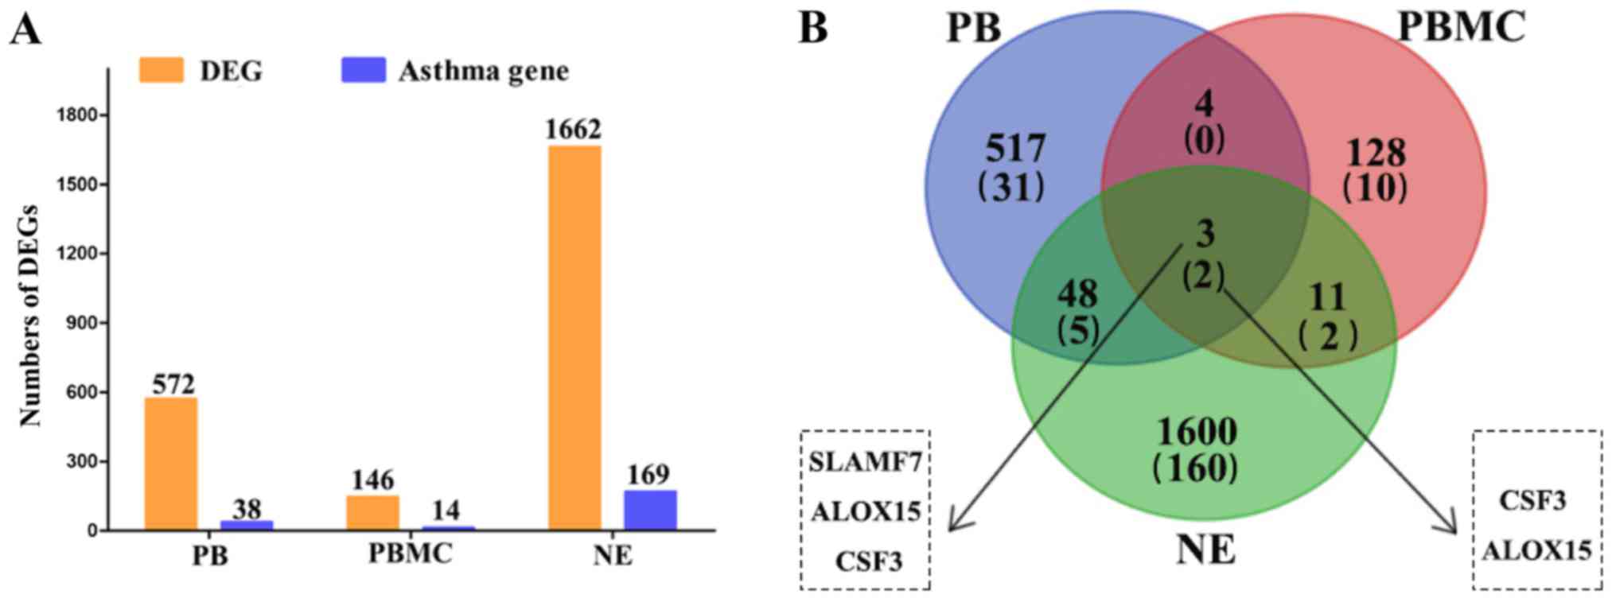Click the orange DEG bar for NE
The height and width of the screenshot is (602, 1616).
pos(574,338)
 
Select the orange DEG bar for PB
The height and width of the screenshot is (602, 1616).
pos(170,464)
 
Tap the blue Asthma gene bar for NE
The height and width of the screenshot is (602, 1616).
pos(649,510)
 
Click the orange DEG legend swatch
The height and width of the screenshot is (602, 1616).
pos(161,70)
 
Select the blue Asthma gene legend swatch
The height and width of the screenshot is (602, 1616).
pos(363,70)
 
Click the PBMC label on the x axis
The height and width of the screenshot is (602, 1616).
pos(410,553)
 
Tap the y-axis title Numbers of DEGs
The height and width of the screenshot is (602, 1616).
pos(29,316)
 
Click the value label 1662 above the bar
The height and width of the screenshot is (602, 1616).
pos(573,129)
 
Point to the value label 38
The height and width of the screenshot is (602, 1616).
pos(247,509)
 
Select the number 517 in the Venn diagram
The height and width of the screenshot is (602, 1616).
pos(1015,149)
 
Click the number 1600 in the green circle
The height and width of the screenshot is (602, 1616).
pos(1196,432)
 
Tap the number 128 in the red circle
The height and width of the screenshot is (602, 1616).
pos(1376,152)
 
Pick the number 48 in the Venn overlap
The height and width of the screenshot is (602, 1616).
pos(1077,294)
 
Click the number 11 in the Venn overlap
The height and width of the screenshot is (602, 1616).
pos(1326,297)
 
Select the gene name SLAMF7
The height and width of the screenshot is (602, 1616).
pos(865,462)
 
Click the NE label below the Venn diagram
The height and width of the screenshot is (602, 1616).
pos(1205,550)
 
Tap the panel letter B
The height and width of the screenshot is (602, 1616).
pos(813,29)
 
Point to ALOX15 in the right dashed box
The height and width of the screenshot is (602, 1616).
pos(1536,550)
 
